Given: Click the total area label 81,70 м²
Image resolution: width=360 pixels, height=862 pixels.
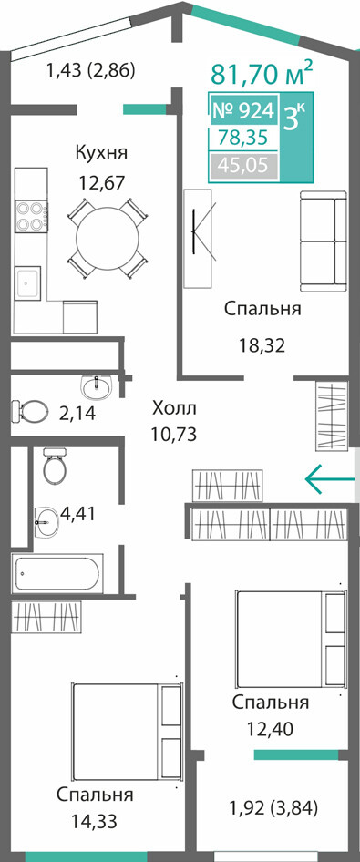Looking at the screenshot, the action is [x=262, y=74].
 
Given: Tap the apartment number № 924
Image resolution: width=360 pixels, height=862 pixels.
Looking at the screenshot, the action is [x=243, y=111].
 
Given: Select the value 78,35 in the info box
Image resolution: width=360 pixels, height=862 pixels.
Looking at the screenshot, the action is [x=243, y=138].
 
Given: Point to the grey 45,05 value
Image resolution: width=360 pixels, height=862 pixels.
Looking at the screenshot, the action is [x=243, y=164].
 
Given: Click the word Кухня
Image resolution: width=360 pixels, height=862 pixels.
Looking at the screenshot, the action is [x=101, y=152].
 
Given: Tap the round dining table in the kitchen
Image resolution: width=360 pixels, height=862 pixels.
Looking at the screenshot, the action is [x=108, y=237].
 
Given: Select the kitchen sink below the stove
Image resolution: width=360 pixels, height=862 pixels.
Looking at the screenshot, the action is [x=27, y=282].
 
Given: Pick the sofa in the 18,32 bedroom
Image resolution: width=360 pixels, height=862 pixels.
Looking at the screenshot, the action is [x=324, y=241].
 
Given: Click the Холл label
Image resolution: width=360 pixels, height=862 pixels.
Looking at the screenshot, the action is [x=174, y=408].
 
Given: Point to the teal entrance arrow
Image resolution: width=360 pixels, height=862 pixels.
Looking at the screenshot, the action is [x=330, y=478].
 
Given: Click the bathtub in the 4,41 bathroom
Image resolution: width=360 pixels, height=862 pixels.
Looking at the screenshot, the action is [x=57, y=573].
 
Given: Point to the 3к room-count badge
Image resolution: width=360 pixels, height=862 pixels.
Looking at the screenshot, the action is [x=295, y=117].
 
